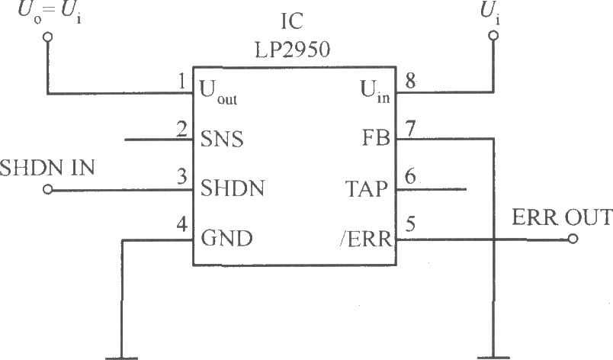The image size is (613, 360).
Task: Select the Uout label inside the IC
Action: coord(219,92)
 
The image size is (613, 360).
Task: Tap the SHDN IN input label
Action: coord(48,168)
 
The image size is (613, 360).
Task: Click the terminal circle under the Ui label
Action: coord(493,36)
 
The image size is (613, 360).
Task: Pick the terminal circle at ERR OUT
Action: coord(573,239)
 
